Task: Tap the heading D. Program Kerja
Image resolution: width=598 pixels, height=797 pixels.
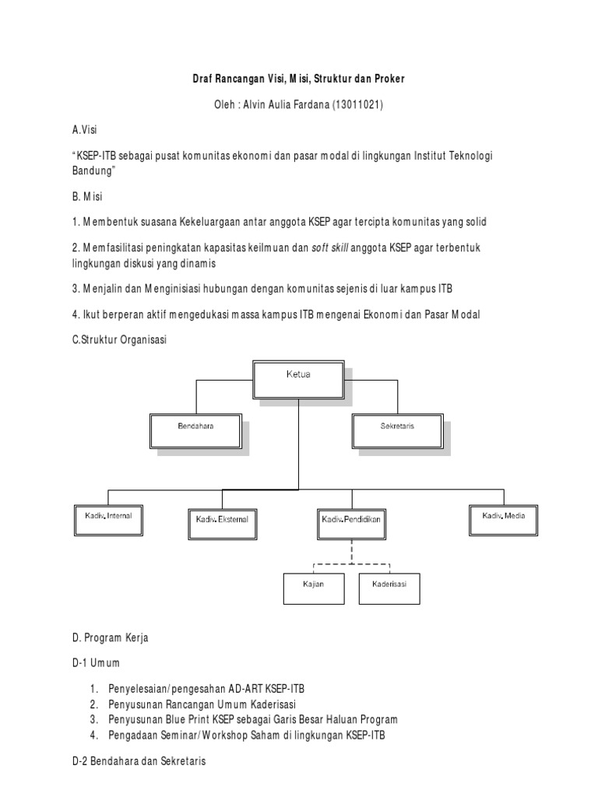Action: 110,637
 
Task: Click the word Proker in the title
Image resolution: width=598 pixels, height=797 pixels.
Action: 387,79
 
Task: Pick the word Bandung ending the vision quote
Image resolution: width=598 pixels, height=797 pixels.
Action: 93,170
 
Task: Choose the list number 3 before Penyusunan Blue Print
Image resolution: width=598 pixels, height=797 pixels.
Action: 93,719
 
